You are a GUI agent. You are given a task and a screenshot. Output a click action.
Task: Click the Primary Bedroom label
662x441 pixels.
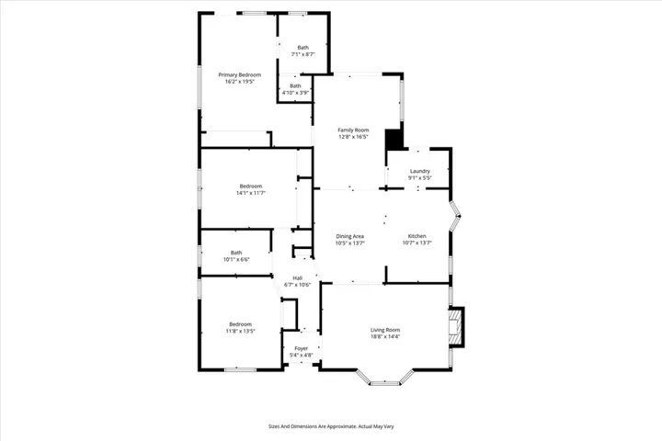[x=239, y=74]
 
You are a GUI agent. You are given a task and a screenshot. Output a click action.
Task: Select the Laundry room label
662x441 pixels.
[x=420, y=171]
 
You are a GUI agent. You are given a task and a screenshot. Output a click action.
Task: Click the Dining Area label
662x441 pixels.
[x=350, y=236]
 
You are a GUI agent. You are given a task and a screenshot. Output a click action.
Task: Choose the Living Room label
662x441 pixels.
[x=385, y=330]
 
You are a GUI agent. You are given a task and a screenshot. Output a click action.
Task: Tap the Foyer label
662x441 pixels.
[x=301, y=348]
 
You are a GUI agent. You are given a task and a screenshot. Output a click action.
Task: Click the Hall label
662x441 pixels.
[x=298, y=278]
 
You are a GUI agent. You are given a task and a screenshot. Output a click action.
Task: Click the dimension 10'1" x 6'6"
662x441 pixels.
[x=236, y=260]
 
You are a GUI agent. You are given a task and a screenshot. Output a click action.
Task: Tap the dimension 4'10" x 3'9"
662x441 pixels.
[x=295, y=93]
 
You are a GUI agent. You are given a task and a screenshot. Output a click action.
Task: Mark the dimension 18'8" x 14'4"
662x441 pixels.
[x=385, y=336]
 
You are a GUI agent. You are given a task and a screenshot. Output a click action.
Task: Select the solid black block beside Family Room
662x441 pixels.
[x=394, y=138]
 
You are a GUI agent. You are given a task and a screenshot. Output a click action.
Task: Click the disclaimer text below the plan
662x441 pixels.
[x=331, y=426]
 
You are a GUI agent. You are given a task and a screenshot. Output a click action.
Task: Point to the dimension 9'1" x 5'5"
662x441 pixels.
[x=420, y=177]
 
